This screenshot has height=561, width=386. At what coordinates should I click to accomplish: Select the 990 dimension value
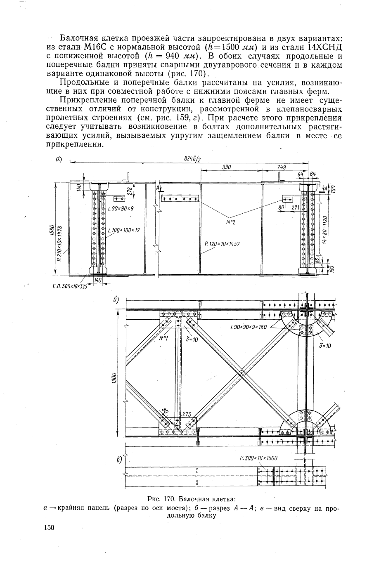226,167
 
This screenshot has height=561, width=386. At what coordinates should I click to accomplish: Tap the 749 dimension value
282,167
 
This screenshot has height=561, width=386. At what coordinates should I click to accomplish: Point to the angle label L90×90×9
121,209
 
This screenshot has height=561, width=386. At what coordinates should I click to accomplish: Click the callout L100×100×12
124,230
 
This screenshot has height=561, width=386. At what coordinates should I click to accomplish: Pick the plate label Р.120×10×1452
222,244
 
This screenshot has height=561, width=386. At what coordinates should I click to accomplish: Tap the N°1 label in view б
163,338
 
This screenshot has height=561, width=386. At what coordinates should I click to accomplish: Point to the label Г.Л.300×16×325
70,286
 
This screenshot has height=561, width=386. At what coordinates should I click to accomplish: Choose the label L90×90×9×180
248,327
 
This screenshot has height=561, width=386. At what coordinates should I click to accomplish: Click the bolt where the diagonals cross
241,374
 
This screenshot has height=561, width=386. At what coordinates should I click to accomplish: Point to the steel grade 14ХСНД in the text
322,47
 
